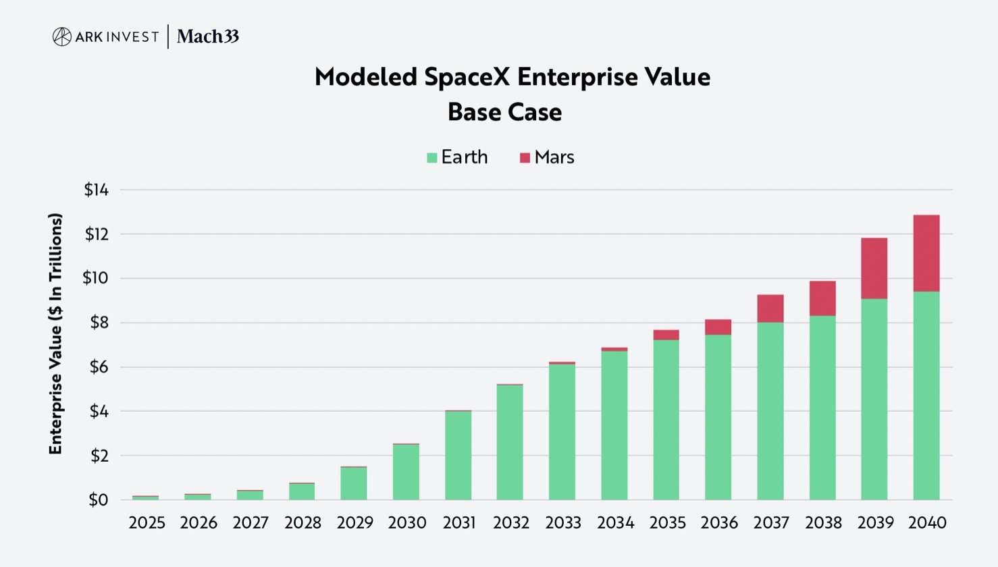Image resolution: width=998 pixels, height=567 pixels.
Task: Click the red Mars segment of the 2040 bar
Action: pyautogui.click(x=926, y=253)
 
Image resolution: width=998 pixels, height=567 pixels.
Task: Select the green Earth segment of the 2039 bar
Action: pyautogui.click(x=874, y=399)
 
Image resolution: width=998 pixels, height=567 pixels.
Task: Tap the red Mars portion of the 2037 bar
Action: pyautogui.click(x=770, y=308)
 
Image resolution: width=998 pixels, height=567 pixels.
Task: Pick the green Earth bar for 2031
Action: pyautogui.click(x=458, y=456)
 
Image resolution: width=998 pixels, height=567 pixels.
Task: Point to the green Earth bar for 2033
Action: pyautogui.click(x=562, y=432)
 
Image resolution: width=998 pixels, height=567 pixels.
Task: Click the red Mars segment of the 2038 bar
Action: pyautogui.click(x=822, y=298)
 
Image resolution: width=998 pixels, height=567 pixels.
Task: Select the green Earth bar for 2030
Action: pyautogui.click(x=406, y=472)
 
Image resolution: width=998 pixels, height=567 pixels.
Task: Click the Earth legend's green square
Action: pyautogui.click(x=432, y=158)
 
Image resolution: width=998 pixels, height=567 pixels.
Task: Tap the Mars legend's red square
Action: pyautogui.click(x=525, y=158)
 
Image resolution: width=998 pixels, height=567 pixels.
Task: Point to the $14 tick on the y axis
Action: pyautogui.click(x=96, y=190)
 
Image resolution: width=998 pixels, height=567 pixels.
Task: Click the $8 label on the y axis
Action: pyautogui.click(x=99, y=323)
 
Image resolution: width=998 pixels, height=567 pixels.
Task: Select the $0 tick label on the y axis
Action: pyautogui.click(x=98, y=500)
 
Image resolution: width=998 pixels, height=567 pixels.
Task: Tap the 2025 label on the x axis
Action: pyautogui.click(x=147, y=522)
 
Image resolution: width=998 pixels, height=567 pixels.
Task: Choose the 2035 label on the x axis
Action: pyautogui.click(x=667, y=522)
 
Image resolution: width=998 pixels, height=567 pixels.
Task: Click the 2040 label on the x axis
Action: pyautogui.click(x=926, y=522)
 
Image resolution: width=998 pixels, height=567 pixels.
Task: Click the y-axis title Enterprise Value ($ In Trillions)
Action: pyautogui.click(x=55, y=334)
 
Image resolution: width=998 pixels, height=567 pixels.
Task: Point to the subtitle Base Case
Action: pyautogui.click(x=504, y=112)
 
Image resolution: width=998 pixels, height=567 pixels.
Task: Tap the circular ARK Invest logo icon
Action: pyautogui.click(x=61, y=36)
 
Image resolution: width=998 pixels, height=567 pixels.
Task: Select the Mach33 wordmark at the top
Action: pyautogui.click(x=208, y=36)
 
